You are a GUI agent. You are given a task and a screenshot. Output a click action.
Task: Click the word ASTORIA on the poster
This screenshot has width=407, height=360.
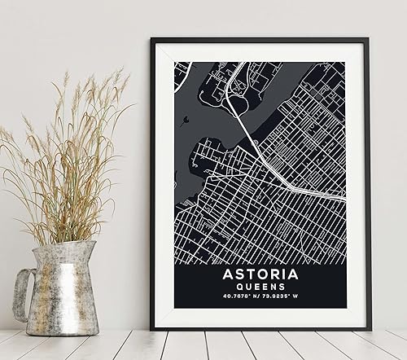(x=260, y=277)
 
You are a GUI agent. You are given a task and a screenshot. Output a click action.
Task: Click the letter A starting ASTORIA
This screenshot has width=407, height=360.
(x=227, y=277)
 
